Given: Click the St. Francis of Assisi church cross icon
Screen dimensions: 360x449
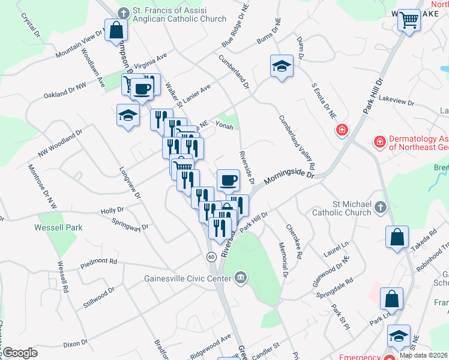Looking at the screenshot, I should pos(124,12).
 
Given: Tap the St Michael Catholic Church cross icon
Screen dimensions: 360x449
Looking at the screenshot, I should pos(379,208).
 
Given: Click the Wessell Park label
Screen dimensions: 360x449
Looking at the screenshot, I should pos(58,227).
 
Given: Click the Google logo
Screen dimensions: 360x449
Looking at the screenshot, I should pos(19,353).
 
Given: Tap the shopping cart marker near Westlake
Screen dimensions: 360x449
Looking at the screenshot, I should pos(409,22).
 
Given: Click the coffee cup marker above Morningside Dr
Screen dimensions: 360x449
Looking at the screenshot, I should pos(228,179).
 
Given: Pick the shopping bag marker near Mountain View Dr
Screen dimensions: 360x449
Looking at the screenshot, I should pos(116,30).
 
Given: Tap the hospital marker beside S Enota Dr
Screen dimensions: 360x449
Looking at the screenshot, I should pos(342,130).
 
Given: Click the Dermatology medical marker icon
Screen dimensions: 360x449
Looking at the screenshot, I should pos(379,142).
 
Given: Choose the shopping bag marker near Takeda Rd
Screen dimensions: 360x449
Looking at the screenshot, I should pos(397,236).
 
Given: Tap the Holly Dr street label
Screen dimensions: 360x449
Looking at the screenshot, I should pos(112,211).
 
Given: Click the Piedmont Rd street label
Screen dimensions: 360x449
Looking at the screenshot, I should pos(101,261).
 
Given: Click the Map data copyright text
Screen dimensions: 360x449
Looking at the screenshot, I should pos(423,355).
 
